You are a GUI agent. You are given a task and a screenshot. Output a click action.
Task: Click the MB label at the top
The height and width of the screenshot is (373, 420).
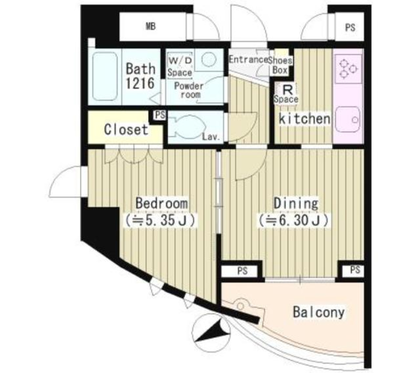[150, 27]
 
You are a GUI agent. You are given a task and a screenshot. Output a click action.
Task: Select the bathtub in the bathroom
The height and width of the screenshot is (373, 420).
[105, 77]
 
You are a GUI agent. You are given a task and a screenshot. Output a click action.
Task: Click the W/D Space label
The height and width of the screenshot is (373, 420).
[179, 66]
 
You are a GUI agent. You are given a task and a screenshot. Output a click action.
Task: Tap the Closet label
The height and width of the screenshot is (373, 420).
[126, 130]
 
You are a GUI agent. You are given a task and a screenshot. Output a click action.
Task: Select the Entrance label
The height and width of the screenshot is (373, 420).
[248, 60]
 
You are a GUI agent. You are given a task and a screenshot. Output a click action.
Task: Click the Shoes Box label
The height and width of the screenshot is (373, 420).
[280, 65]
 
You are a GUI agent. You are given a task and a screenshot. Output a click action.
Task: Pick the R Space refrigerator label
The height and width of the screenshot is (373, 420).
[287, 93]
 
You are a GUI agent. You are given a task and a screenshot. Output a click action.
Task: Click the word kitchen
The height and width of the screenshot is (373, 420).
[304, 119]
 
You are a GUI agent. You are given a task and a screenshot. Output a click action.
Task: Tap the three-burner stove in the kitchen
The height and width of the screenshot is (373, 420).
[348, 69]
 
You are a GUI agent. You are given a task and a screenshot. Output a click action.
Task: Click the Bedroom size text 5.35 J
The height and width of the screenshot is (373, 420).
[162, 220]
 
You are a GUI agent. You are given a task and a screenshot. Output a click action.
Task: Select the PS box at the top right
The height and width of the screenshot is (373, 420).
[350, 28]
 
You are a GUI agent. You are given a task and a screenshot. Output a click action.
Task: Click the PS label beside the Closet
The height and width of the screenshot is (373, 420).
[159, 116]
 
